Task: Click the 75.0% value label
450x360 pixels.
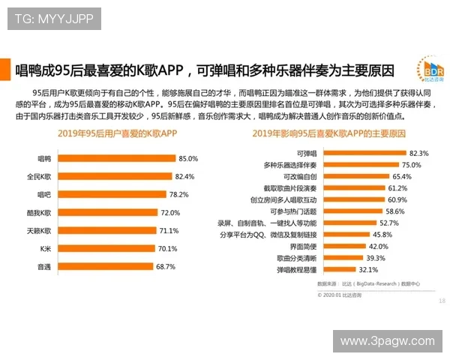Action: coord(410,164)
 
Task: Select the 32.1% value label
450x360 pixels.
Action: coord(367,269)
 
